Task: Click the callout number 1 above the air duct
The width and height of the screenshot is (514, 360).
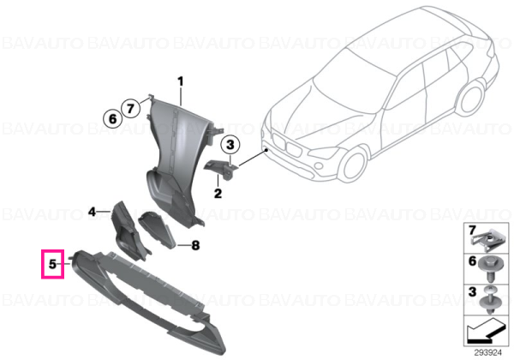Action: point(180,81)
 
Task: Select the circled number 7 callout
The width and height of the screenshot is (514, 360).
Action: point(130,108)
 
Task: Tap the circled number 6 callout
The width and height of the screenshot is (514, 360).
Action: point(112,118)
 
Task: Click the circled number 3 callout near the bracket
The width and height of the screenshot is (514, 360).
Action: point(230,144)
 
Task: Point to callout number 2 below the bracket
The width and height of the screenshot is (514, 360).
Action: point(218,193)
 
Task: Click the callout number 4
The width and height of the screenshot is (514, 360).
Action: point(93,212)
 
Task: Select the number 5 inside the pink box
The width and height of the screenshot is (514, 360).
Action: point(53,264)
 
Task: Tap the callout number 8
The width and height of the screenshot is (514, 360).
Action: point(195,245)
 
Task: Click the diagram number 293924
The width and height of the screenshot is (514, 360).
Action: point(488,353)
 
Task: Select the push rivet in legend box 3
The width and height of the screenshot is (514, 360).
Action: point(489,300)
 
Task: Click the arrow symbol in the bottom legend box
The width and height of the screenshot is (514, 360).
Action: point(485,331)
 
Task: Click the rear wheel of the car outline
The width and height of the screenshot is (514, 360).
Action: point(471,98)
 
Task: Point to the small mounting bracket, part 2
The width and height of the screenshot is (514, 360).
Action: point(222,169)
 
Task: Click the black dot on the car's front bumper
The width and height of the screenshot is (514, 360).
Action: point(267,150)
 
